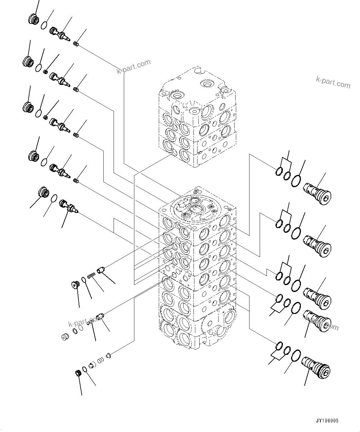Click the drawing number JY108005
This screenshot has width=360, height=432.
pos(327,421)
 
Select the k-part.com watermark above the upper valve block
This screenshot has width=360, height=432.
pos(133,67)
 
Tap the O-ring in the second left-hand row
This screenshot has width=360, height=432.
pos(39,68)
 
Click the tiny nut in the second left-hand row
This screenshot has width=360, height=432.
pos(46,72)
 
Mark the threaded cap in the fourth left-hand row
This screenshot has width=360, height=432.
pos(33,155)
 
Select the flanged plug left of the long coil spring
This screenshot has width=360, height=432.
pos(75,284)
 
